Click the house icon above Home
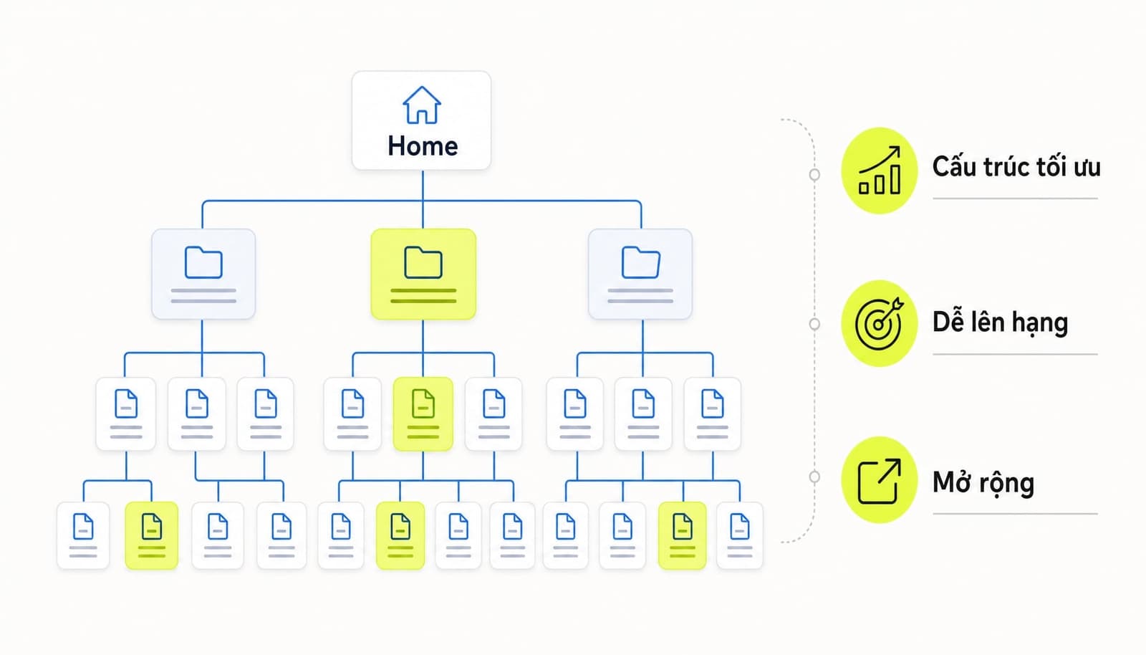pos(422,105)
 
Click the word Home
pos(423,146)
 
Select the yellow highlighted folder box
pos(423,274)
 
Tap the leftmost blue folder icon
pos(203,262)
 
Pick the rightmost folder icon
pos(640,262)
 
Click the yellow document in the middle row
pos(423,414)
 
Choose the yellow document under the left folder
pos(151,535)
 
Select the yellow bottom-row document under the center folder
pos(400,535)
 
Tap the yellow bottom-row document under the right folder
pos(682,535)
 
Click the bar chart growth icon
pos(880,171)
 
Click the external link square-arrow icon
pos(880,481)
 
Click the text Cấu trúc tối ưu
pos(1016,167)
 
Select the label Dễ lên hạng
pos(1000,323)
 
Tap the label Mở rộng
pos(983,483)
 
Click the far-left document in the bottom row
pos(83,535)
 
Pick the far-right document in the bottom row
pos(740,535)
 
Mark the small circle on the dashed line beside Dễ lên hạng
pos(814,324)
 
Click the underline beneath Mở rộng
pos(1015,514)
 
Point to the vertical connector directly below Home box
pos(423,199)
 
